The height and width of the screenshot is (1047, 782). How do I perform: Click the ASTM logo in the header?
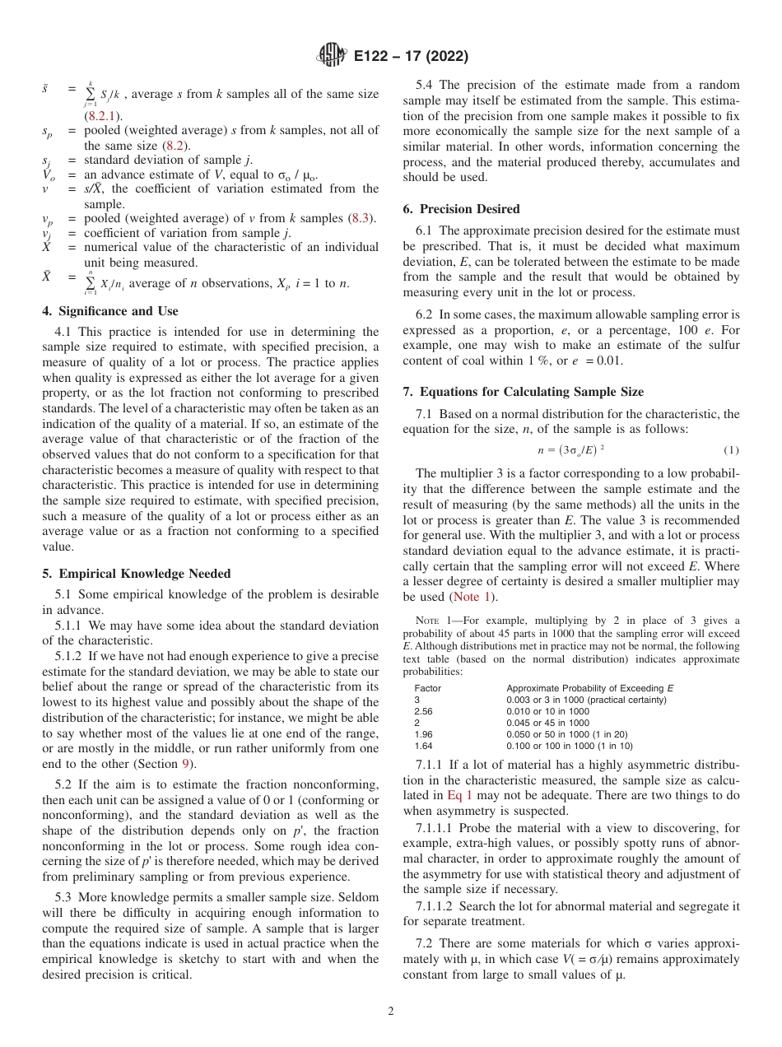click(x=332, y=57)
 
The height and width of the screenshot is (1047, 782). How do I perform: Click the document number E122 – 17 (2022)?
click(x=411, y=57)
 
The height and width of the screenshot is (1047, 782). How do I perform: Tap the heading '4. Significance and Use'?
click(x=109, y=311)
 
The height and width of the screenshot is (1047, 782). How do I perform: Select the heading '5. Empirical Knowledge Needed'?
click(x=136, y=573)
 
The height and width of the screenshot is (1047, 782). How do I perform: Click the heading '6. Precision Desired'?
click(x=461, y=209)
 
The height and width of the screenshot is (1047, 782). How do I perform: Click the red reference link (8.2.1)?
click(x=104, y=115)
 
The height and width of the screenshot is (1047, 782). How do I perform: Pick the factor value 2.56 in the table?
click(x=423, y=711)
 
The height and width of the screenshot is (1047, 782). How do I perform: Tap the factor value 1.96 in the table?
click(x=423, y=734)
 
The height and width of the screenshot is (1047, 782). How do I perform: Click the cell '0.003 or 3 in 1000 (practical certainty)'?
click(x=586, y=700)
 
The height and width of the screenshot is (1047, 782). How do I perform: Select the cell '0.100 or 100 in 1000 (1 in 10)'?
click(x=570, y=746)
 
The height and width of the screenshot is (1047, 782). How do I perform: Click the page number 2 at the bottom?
click(x=391, y=1012)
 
